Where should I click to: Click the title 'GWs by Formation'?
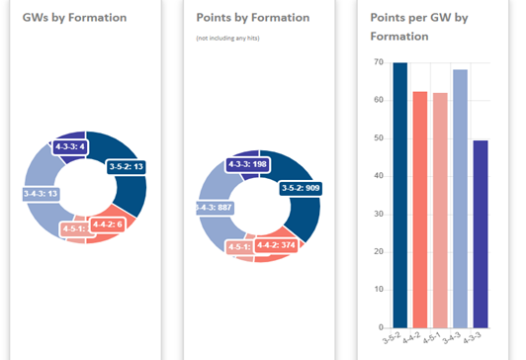74,18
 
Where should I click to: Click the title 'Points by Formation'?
252,18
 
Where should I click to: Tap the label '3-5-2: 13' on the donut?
126,167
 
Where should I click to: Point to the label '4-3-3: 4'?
72,147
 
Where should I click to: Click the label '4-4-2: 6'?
108,225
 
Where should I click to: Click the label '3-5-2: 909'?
300,187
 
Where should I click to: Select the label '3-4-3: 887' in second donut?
214,208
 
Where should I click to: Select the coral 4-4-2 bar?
420,209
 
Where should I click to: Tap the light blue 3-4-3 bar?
460,198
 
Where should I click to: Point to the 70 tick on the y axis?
378,62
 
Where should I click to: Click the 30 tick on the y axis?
378,214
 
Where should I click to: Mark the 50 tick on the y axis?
378,138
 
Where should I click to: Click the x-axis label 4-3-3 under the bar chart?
479,339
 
